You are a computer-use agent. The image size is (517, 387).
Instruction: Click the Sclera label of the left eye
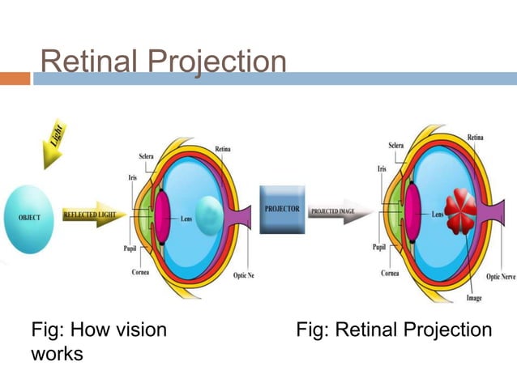click(139, 154)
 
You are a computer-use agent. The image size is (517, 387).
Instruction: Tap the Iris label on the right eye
click(381, 169)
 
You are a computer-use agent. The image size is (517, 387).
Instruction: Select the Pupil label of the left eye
click(130, 249)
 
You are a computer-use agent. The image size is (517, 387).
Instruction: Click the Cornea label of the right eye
click(390, 274)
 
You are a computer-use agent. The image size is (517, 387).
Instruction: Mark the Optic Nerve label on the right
click(500, 277)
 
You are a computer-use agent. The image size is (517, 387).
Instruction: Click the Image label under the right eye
click(474, 299)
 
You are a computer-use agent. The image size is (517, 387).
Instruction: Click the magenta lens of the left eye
click(161, 215)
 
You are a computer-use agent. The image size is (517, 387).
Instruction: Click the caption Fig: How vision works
click(98, 341)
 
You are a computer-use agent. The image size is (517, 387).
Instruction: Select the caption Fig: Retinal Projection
click(394, 330)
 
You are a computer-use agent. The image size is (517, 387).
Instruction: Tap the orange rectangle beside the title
click(15, 79)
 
